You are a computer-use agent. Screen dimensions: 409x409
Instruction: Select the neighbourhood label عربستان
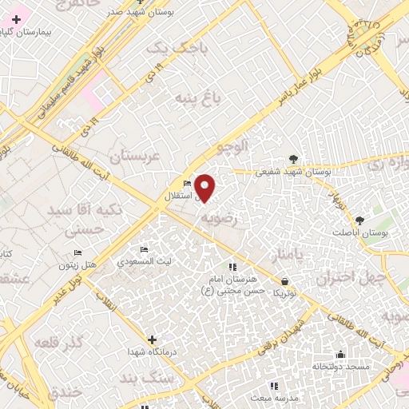tap(135, 155)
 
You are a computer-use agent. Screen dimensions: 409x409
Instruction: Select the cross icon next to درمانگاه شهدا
tap(152, 340)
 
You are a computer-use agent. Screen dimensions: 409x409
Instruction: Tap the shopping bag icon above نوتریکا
tap(285, 280)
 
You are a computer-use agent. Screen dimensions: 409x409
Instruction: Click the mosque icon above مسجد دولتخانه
tap(340, 354)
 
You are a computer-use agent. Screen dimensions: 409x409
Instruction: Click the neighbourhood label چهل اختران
tap(350, 279)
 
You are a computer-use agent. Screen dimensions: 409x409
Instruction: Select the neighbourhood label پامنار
tap(285, 256)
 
